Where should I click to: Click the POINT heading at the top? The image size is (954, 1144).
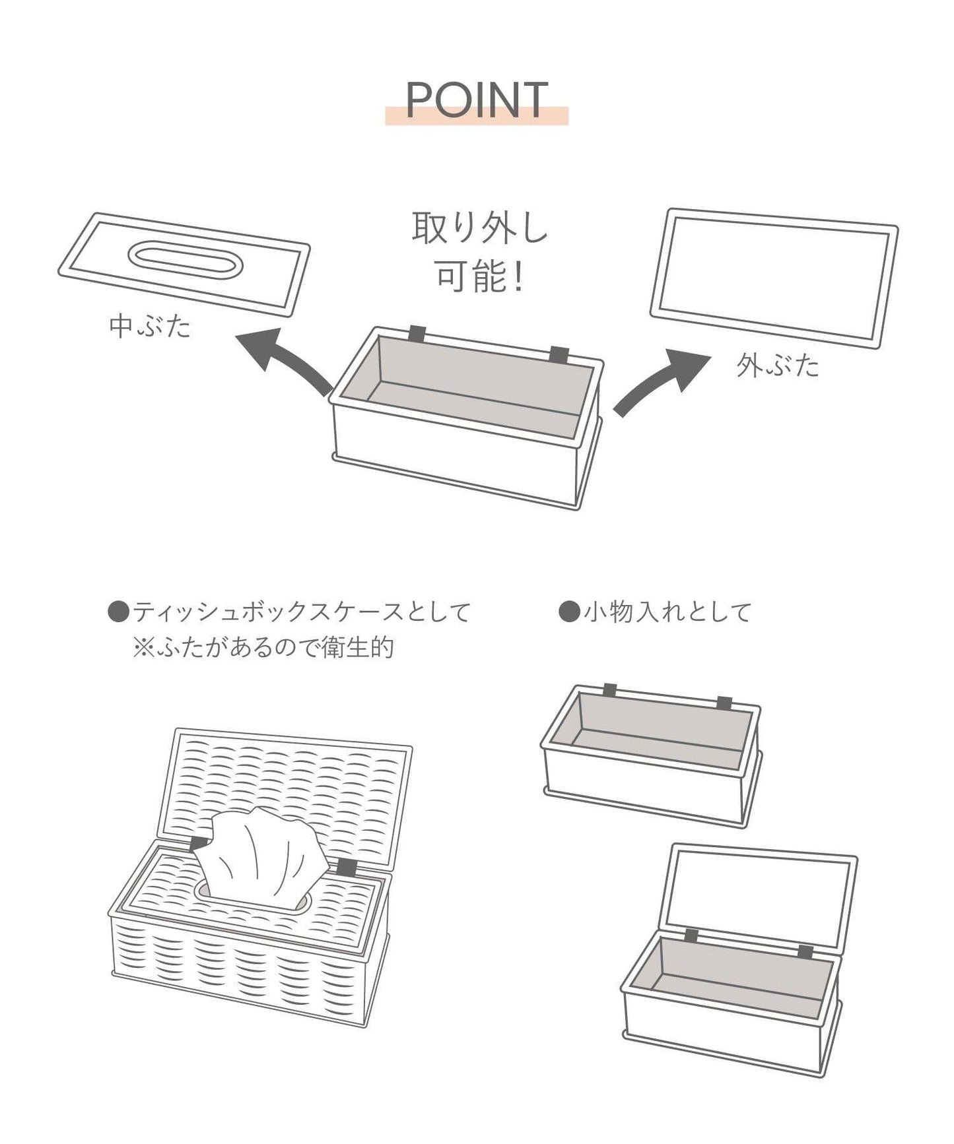476,100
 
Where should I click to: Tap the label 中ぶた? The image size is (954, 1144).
151,327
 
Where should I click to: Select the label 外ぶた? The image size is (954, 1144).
778,365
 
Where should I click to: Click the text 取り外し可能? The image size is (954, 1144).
480,252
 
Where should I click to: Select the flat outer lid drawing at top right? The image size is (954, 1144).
774,278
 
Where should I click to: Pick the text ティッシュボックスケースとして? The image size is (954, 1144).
302,612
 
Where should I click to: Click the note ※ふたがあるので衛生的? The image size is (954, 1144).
263,647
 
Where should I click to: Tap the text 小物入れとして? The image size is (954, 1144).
667,612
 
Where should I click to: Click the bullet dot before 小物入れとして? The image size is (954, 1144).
568,612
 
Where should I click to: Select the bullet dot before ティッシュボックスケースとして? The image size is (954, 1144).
118,612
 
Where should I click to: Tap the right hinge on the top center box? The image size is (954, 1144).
559,354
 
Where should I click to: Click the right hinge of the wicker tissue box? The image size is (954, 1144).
346,868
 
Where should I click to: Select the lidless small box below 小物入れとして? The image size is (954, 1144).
651,755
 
